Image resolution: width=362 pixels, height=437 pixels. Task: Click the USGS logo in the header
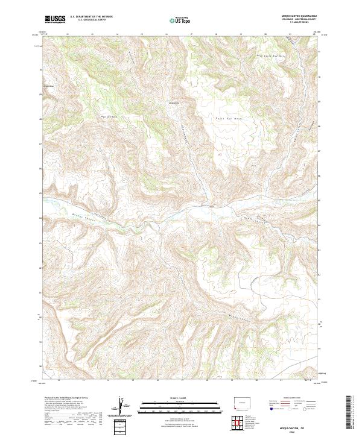click(56, 19)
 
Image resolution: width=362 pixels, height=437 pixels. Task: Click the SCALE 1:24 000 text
click(177, 398)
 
